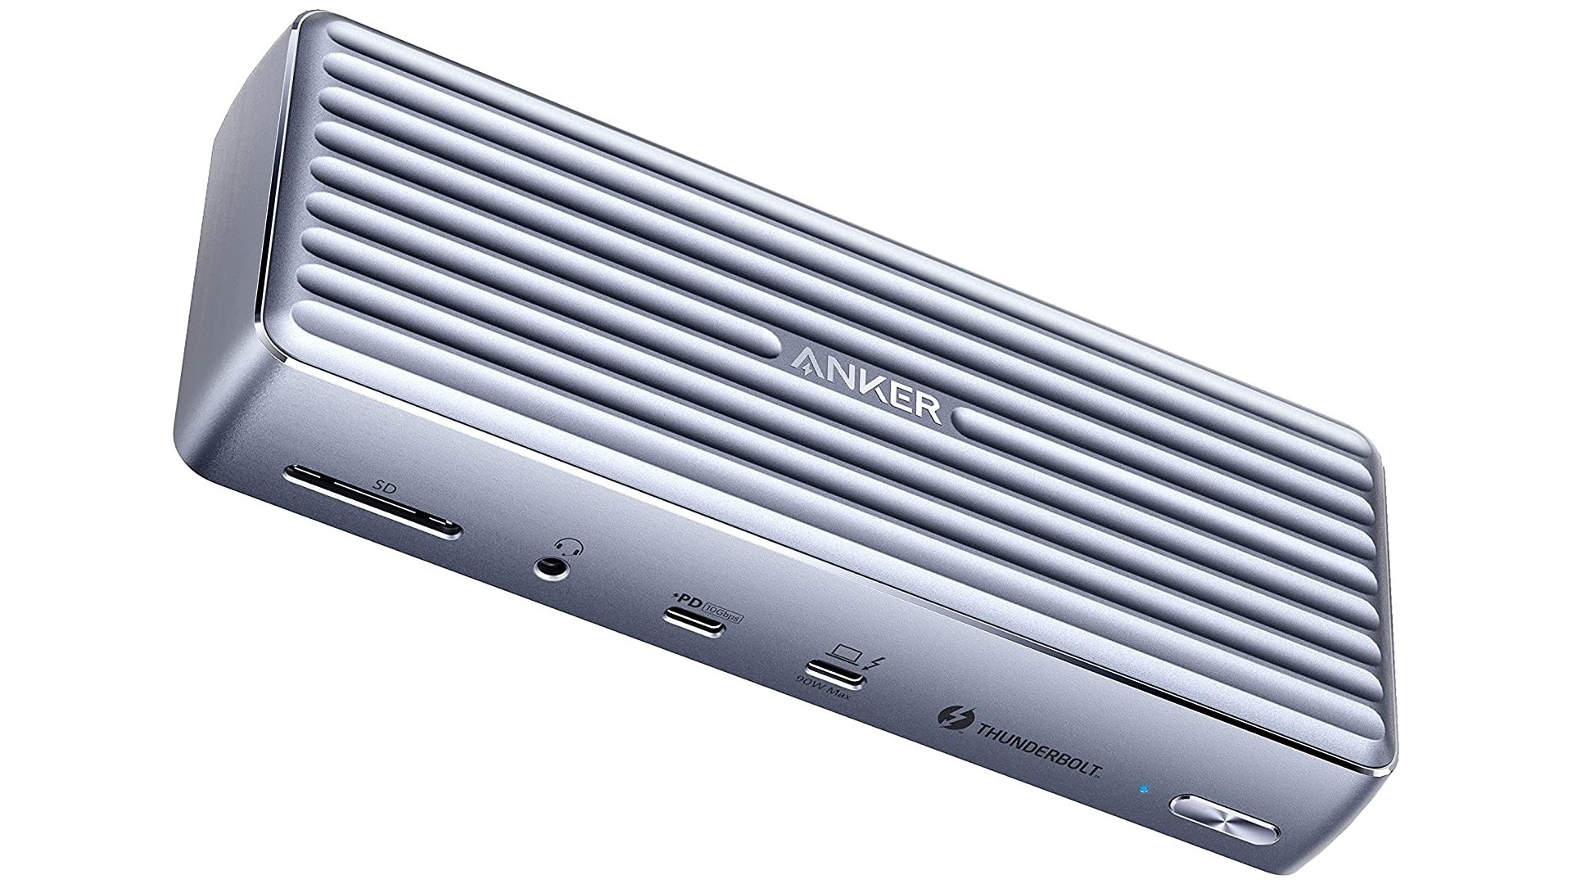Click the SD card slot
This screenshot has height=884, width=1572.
[x=371, y=502]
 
